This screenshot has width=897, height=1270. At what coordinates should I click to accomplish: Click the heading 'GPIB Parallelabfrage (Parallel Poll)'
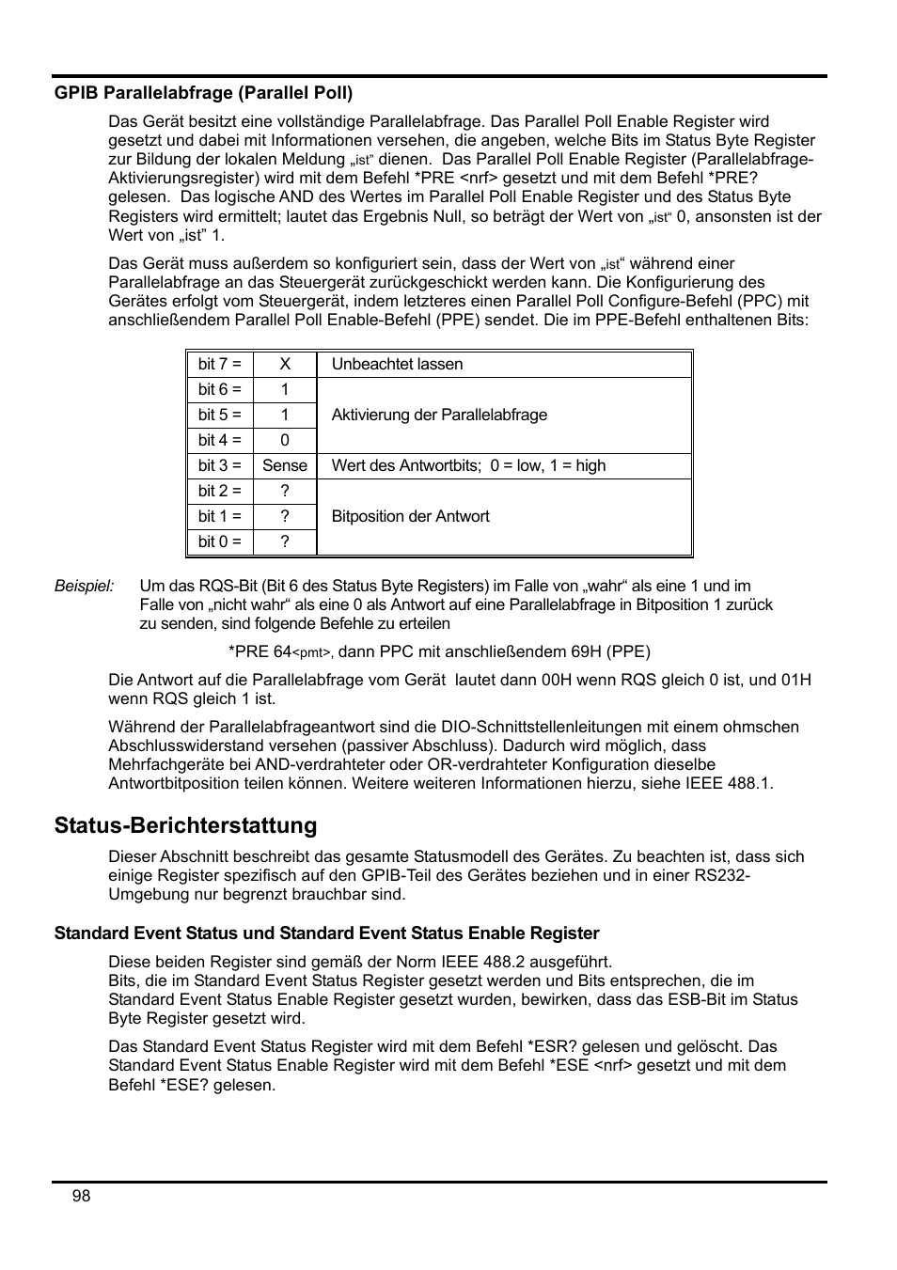click(203, 93)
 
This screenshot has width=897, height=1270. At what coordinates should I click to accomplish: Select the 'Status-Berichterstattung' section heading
click(185, 825)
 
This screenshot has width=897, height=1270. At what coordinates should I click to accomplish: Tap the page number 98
click(81, 1196)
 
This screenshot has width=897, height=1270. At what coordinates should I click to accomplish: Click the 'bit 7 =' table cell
click(219, 365)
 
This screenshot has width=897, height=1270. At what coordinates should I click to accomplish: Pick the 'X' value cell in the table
click(285, 365)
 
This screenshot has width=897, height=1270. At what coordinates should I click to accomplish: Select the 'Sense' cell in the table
click(285, 466)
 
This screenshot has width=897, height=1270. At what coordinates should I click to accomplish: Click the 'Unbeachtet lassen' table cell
click(397, 365)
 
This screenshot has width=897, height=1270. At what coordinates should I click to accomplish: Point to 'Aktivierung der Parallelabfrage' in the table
click(439, 415)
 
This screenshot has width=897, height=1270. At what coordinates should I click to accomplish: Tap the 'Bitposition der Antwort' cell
click(410, 517)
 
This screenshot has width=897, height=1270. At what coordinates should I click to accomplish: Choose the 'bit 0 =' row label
click(219, 542)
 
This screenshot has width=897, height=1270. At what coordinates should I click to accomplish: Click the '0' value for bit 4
click(285, 441)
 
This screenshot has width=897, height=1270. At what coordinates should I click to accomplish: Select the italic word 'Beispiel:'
click(84, 587)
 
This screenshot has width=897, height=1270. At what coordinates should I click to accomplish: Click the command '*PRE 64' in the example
click(260, 651)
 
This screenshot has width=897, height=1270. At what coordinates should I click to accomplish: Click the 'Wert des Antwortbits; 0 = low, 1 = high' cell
click(468, 466)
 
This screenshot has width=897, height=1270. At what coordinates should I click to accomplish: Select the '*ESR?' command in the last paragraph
click(546, 1046)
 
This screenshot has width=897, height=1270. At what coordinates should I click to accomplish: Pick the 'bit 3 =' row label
click(219, 466)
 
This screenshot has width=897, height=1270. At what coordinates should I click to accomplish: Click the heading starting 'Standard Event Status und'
click(326, 933)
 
